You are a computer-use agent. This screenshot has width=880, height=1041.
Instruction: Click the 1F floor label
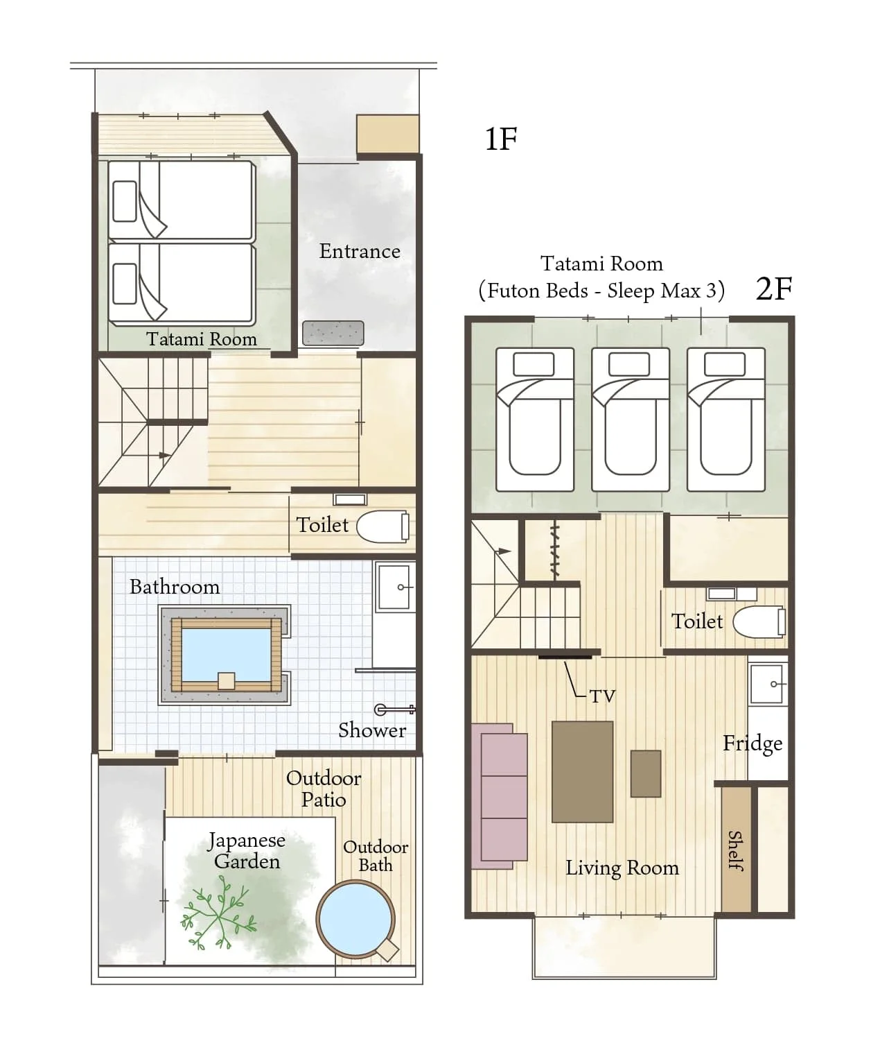tap(500, 139)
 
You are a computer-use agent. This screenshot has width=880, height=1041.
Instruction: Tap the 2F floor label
tap(774, 289)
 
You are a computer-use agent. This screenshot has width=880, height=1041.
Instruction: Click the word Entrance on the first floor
tap(360, 251)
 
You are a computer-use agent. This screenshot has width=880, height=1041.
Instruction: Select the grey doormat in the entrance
tap(333, 333)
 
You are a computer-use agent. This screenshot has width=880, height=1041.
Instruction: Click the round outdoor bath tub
tap(355, 918)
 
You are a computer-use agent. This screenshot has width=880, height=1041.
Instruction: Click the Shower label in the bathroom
tap(372, 730)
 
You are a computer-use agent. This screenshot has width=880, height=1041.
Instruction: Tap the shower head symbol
tap(394, 709)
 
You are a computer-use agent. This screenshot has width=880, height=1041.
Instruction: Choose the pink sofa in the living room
tap(500, 797)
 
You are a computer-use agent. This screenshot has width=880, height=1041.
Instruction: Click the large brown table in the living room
tap(582, 771)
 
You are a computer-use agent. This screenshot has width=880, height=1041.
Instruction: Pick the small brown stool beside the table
tap(646, 773)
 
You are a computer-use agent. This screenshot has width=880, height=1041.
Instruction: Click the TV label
tap(602, 696)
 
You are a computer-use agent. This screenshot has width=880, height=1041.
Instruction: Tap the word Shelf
tap(736, 851)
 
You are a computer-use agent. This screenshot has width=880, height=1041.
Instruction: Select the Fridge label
tap(753, 744)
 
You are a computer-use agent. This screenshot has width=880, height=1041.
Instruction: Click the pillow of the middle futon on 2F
tap(629, 363)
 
